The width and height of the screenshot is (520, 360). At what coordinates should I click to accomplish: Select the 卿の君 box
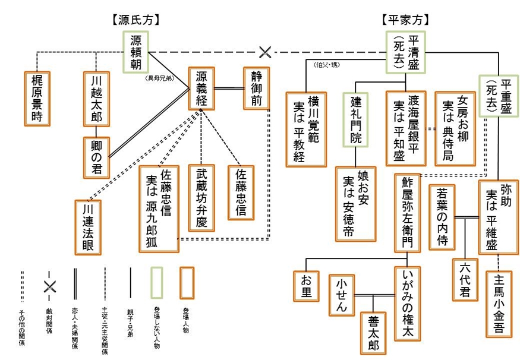click(96, 157)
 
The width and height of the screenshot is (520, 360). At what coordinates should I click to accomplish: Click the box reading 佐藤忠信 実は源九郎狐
click(159, 208)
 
